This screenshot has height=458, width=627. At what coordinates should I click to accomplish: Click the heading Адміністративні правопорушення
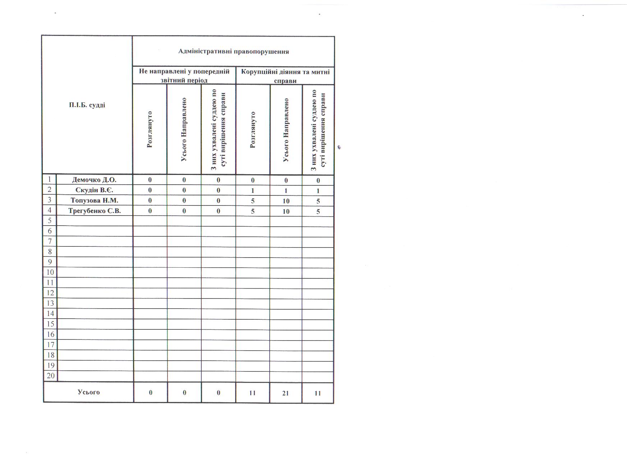pyautogui.click(x=234, y=51)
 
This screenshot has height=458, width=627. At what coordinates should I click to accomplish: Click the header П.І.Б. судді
pyautogui.click(x=87, y=105)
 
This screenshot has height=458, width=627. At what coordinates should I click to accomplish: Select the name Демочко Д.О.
pyautogui.click(x=95, y=180)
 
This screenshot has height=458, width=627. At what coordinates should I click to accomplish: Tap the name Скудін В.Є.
pyautogui.click(x=95, y=190)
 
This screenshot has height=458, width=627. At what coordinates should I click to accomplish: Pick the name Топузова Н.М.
pyautogui.click(x=95, y=200)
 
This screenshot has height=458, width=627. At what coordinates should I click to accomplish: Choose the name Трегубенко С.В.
pyautogui.click(x=95, y=211)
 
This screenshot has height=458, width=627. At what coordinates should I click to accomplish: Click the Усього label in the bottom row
pyautogui.click(x=88, y=392)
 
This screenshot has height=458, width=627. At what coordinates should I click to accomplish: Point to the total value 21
pyautogui.click(x=285, y=393)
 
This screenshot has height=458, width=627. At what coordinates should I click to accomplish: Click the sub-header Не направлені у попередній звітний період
pyautogui.click(x=184, y=75)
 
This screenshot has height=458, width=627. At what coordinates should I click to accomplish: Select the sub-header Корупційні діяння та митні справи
pyautogui.click(x=285, y=76)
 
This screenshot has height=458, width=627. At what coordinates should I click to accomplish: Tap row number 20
pyautogui.click(x=51, y=376)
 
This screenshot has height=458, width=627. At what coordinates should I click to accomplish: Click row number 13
pyautogui.click(x=50, y=303)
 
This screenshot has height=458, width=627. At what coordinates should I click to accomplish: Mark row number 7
pyautogui.click(x=50, y=241)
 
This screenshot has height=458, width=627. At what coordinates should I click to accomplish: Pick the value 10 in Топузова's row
pyautogui.click(x=286, y=201)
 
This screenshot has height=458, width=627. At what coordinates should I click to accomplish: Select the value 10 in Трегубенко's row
pyautogui.click(x=286, y=211)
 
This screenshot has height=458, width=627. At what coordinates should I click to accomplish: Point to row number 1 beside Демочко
pyautogui.click(x=50, y=179)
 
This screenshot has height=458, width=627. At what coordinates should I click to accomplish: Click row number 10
pyautogui.click(x=50, y=272)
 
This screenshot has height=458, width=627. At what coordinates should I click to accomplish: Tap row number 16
pyautogui.click(x=50, y=334)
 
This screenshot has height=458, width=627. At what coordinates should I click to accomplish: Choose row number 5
pyautogui.click(x=50, y=220)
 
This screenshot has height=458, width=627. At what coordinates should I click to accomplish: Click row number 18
pyautogui.click(x=50, y=355)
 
